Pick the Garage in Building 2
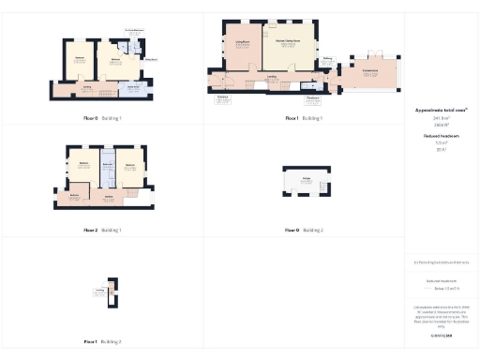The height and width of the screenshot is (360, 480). pyautogui.click(x=306, y=180)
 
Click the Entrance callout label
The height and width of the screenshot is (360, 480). pyautogui.click(x=223, y=98)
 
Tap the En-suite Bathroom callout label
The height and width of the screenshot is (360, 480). pyautogui.click(x=134, y=31)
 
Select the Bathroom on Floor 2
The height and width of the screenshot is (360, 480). pyautogui.click(x=107, y=166)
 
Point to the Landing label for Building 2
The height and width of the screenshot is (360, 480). pyautogui.click(x=99, y=292)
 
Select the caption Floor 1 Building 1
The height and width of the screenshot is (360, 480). pyautogui.click(x=304, y=119)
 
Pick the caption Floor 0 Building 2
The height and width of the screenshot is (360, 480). pyautogui.click(x=304, y=230)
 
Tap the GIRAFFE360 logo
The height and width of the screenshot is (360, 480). pyautogui.click(x=441, y=336)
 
